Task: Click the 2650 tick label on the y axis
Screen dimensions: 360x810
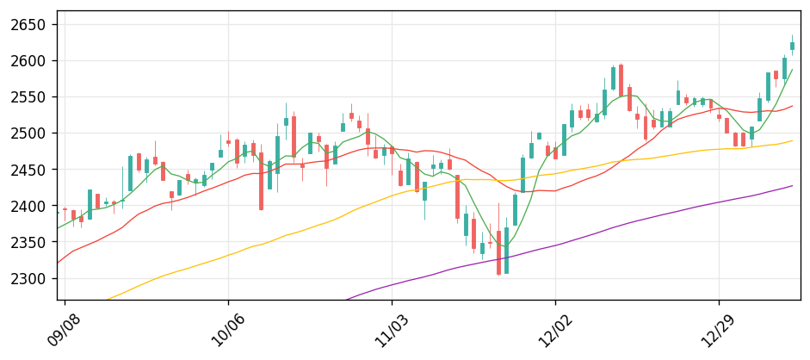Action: tap(28, 24)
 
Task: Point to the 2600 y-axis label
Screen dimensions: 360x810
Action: tap(28, 60)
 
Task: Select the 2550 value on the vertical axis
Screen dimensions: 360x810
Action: tap(28, 97)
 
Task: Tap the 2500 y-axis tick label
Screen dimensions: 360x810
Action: tap(28, 133)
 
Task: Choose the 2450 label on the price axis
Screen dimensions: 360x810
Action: tap(28, 170)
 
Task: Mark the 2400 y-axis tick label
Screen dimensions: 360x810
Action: tap(28, 206)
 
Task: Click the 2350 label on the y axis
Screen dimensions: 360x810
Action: tap(28, 242)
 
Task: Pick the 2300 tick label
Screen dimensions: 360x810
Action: tap(28, 278)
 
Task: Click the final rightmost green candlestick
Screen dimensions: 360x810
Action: tap(792, 47)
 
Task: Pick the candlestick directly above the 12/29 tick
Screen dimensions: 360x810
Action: tap(719, 116)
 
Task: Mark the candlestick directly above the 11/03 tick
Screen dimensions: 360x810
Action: tap(392, 151)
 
